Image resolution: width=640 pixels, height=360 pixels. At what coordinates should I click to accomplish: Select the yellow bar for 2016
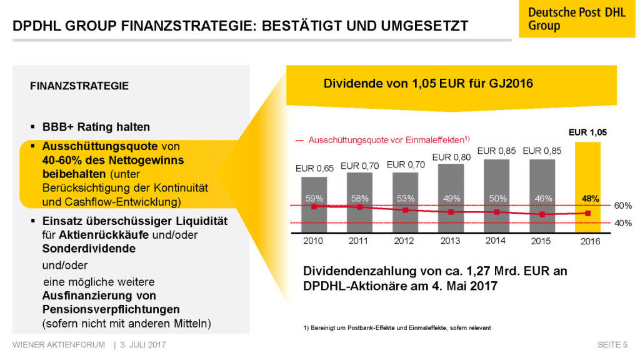pyautogui.click(x=587, y=187)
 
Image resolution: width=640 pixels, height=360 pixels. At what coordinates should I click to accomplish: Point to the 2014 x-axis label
pyautogui.click(x=496, y=241)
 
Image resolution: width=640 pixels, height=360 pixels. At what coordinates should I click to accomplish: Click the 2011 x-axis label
pyautogui.click(x=359, y=241)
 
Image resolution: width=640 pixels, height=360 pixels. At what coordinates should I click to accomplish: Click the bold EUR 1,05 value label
pyautogui.click(x=587, y=132)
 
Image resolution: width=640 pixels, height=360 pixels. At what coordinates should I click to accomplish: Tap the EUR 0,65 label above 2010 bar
pyautogui.click(x=314, y=168)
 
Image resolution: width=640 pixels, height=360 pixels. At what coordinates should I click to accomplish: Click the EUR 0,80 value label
pyautogui.click(x=451, y=157)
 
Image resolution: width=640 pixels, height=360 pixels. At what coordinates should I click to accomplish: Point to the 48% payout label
pyautogui.click(x=589, y=198)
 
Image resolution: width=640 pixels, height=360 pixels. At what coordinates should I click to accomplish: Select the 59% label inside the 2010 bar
pyautogui.click(x=314, y=198)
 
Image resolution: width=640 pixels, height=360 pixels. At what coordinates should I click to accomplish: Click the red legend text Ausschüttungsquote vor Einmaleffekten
pyautogui.click(x=387, y=139)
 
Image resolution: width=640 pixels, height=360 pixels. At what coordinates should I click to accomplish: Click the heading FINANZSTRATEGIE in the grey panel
pyautogui.click(x=79, y=86)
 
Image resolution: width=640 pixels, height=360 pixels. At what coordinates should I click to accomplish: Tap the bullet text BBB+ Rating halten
pyautogui.click(x=96, y=127)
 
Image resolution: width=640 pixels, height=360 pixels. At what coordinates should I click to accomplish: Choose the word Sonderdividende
pyautogui.click(x=89, y=248)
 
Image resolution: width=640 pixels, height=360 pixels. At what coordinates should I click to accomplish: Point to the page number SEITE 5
pyautogui.click(x=612, y=344)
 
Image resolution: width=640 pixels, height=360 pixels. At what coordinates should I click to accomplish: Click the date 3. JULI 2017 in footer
pyautogui.click(x=143, y=344)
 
